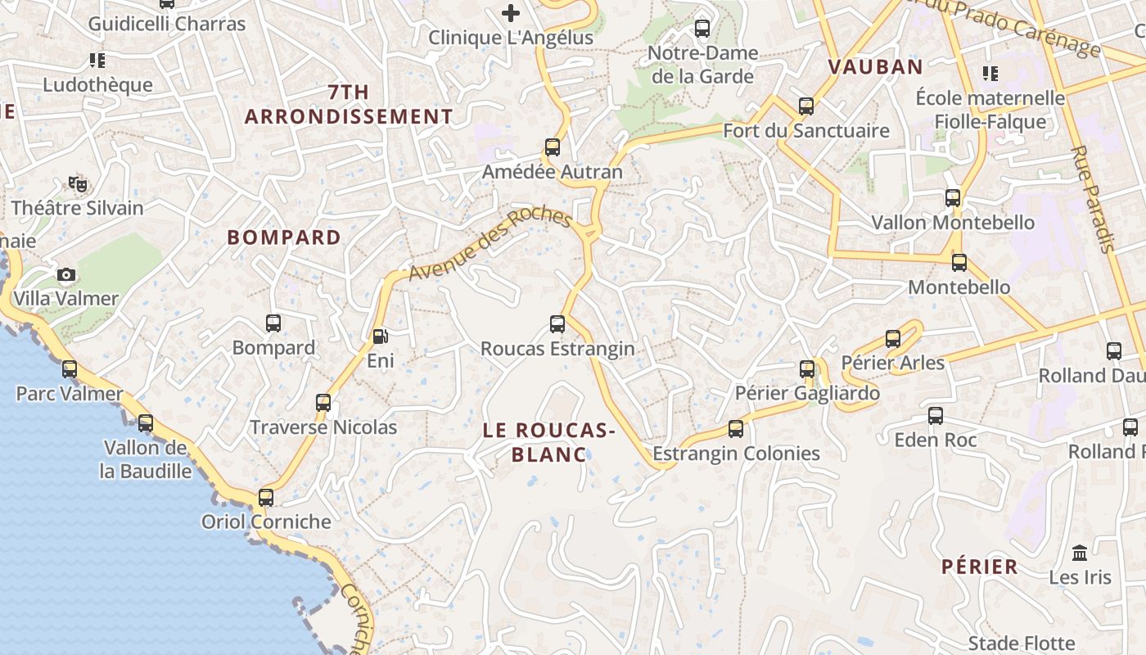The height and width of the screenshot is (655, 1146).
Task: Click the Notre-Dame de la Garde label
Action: tap(702, 65)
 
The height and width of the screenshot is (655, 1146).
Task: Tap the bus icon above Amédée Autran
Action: tap(553, 147)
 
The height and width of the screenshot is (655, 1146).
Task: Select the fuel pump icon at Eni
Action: tap(380, 336)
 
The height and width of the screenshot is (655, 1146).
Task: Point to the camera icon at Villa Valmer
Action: tap(66, 274)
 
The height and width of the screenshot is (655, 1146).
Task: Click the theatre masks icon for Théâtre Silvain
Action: tap(78, 184)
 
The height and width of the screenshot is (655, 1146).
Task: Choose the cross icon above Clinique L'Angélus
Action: tap(511, 13)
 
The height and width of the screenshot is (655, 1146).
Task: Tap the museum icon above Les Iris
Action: tap(1080, 553)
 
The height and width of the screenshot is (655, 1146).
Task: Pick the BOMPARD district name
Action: tap(284, 237)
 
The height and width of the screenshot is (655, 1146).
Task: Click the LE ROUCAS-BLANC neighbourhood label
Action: tap(548, 442)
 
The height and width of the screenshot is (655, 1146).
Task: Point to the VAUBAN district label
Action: tap(875, 67)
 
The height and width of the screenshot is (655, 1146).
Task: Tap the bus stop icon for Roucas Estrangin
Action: tap(557, 324)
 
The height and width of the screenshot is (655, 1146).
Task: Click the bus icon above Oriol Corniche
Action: tap(266, 497)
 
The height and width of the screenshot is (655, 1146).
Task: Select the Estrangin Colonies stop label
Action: tap(736, 454)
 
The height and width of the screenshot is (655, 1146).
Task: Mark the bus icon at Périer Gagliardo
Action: tap(807, 369)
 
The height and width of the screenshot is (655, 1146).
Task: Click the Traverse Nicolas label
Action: tap(323, 427)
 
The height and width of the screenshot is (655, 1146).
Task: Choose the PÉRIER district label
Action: tap(979, 567)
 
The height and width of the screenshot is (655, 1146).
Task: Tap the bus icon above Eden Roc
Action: tap(936, 416)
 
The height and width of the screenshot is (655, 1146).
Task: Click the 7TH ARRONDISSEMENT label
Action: tap(349, 104)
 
